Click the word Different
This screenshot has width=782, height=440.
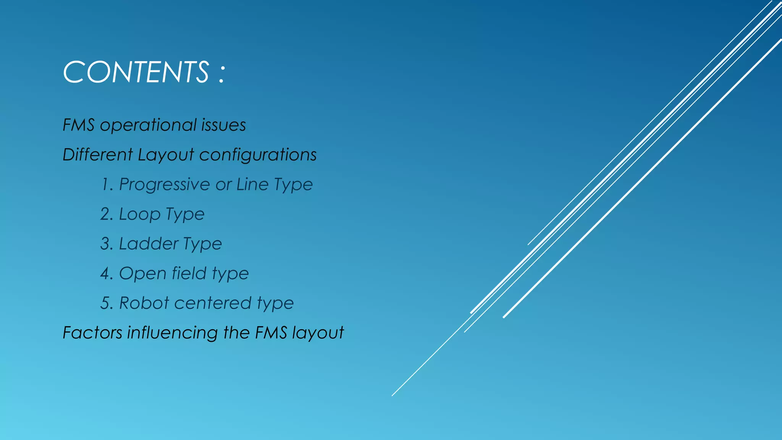pyautogui.click(x=98, y=155)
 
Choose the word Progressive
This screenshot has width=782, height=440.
pyautogui.click(x=165, y=185)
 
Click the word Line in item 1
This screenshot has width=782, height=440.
pyautogui.click(x=252, y=184)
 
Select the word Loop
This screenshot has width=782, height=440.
pyautogui.click(x=140, y=214)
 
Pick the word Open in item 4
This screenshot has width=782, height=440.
pyautogui.click(x=143, y=274)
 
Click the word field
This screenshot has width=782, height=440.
pyautogui.click(x=189, y=273)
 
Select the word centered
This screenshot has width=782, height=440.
pyautogui.click(x=213, y=303)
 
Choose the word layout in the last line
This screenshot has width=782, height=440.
pyautogui.click(x=318, y=333)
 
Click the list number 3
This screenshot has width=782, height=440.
pyautogui.click(x=106, y=244)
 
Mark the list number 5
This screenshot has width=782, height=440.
pyautogui.click(x=106, y=303)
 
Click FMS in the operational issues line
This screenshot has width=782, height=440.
pyautogui.click(x=79, y=125)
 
